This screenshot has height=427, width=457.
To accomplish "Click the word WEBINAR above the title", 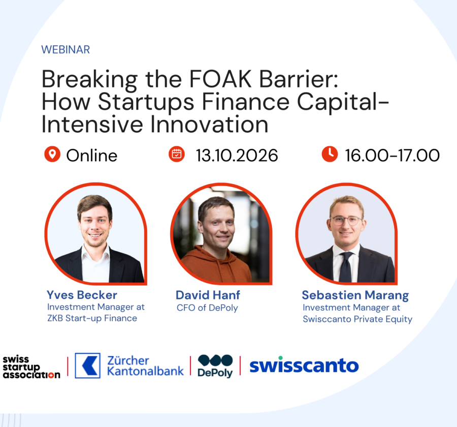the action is click(x=66, y=50).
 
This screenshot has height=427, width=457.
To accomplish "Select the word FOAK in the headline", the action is click(x=220, y=79).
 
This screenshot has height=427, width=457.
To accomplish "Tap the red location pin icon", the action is click(x=52, y=154).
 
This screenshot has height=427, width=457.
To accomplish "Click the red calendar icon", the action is click(x=177, y=154).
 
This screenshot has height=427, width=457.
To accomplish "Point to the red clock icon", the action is click(x=330, y=154).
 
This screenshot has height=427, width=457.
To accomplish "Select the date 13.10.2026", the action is click(x=237, y=155).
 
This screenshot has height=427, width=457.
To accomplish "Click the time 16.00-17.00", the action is click(x=393, y=155).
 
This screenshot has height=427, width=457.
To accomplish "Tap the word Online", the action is click(x=92, y=155).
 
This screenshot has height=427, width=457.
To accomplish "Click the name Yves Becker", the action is click(x=82, y=295).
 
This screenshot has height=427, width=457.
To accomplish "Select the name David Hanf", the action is click(x=208, y=295).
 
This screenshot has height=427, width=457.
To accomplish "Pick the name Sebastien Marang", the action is click(x=355, y=295).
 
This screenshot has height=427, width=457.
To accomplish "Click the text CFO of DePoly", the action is click(x=207, y=308).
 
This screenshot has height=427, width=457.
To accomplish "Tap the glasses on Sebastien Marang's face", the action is click(x=346, y=220).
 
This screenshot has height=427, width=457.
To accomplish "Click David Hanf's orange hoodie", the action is click(x=216, y=265).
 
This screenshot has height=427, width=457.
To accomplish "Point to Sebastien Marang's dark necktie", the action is click(x=346, y=267).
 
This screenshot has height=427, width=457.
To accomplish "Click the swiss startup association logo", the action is click(x=31, y=367).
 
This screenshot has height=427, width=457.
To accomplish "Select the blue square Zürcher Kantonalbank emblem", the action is click(x=87, y=365).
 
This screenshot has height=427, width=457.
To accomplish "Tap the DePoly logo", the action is click(x=215, y=366).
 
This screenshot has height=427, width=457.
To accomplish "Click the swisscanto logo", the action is click(x=304, y=365).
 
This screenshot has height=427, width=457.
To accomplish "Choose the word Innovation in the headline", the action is click(x=209, y=125).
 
